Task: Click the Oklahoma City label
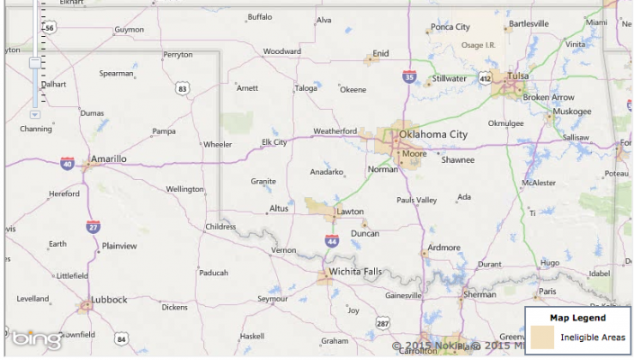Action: point(433,135)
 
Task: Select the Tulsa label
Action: point(518,76)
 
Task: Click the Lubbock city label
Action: point(108,300)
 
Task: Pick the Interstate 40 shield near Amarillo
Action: point(67,164)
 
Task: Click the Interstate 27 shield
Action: point(93,226)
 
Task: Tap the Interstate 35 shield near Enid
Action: point(409,77)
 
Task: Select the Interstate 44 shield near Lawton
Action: point(332,240)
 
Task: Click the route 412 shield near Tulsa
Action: point(486,78)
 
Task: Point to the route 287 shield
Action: point(383,322)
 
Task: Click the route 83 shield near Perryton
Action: point(183,88)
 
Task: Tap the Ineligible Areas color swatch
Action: point(541,337)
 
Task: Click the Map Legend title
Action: point(577,318)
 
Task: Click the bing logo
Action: point(36,340)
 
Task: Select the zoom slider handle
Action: point(34,63)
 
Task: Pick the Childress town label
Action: point(221,227)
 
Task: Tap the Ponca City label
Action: point(451,27)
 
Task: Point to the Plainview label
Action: point(120,245)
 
